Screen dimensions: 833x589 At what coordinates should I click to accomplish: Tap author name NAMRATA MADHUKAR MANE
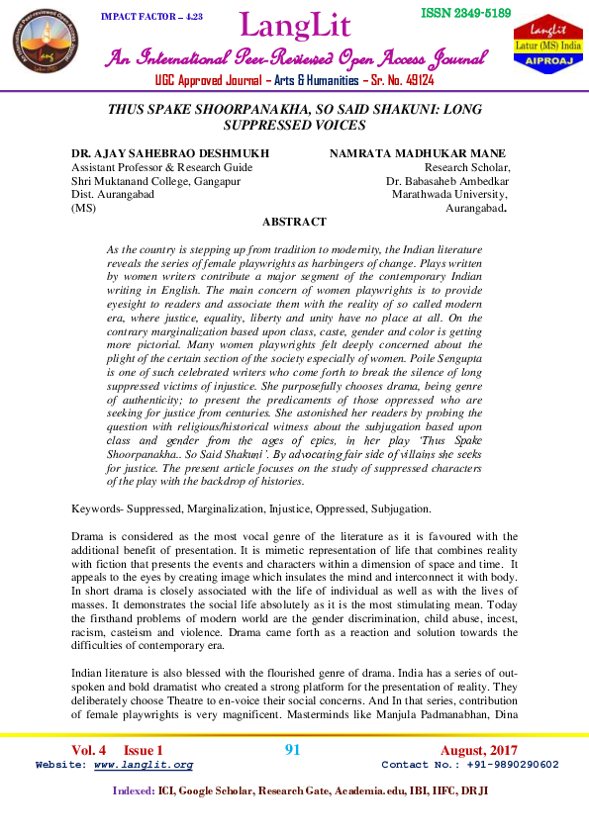417,153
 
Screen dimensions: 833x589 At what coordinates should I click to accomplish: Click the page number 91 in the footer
292,750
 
